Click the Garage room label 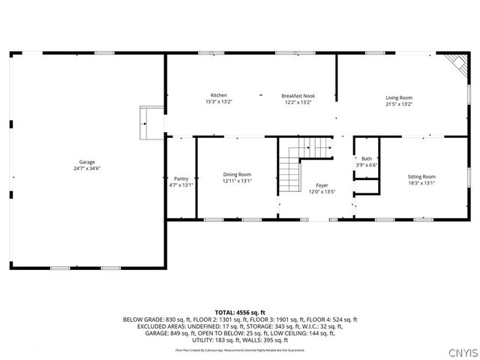[87, 162]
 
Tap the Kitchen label [219, 95]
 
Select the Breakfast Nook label [298, 95]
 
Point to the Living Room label [399, 97]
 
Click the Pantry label [181, 178]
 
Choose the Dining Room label [237, 174]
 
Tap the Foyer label [322, 184]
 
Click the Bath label [367, 158]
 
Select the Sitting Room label [421, 176]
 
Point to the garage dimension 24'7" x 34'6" [87, 169]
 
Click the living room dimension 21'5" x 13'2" [399, 104]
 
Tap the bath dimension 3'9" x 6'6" [367, 165]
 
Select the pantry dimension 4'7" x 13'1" [181, 185]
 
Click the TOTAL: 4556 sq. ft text [240, 312]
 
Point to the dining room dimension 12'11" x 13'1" [237, 181]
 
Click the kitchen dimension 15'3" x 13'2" [219, 102]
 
